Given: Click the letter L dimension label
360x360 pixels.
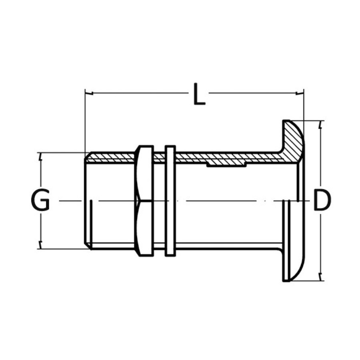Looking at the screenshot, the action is [199, 94].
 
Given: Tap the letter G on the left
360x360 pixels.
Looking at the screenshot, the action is [40, 200].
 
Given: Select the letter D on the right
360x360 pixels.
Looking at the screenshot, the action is [321, 200].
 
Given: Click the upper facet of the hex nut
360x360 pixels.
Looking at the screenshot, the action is [144, 173].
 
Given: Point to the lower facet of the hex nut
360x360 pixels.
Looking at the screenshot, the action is [144, 229].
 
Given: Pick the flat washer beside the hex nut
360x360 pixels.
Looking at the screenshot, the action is [170, 201].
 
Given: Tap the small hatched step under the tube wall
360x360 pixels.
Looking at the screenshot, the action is [226, 164].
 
